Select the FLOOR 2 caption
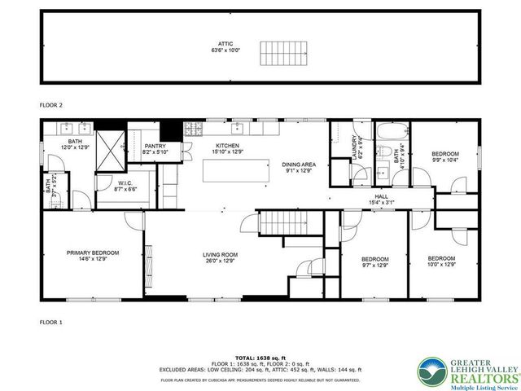pos(51,105)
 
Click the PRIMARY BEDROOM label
pos(93,253)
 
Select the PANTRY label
pos(155,147)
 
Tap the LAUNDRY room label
pos(354,150)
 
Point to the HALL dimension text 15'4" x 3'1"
pos(382,203)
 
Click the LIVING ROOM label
pos(219,256)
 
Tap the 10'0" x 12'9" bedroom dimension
pos(442,265)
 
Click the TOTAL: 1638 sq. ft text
pos(260,357)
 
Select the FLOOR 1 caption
pos(51,323)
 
